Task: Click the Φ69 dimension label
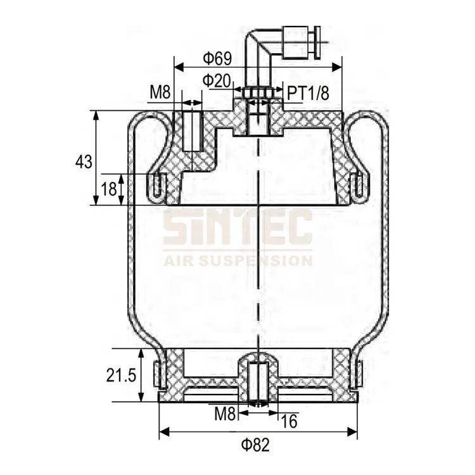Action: (217, 59)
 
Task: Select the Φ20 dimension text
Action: (217, 80)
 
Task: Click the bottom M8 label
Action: (225, 415)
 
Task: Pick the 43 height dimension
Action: (84, 161)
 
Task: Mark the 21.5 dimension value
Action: (123, 376)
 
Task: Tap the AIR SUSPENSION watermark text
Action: (237, 260)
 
